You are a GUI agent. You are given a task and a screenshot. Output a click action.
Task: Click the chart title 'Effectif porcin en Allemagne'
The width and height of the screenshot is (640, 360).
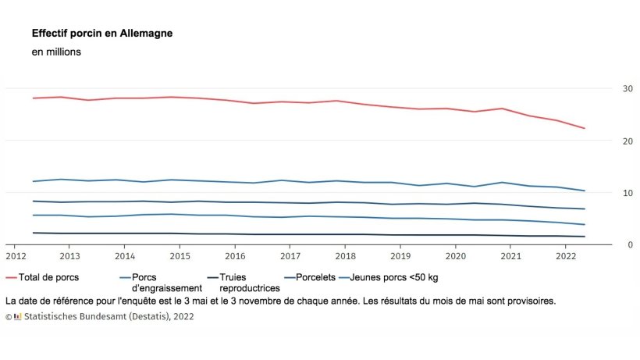click(x=102, y=34)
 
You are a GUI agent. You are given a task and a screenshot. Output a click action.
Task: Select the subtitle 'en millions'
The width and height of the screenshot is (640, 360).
click(x=56, y=52)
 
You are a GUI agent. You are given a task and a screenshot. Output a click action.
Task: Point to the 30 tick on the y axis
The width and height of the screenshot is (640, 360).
click(x=606, y=88)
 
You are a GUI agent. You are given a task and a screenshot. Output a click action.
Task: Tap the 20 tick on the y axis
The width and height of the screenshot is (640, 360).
click(x=606, y=141)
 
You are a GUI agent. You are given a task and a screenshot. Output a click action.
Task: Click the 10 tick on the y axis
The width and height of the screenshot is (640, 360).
click(x=606, y=193)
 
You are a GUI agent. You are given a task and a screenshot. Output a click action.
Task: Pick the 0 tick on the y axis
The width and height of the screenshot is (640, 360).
click(x=608, y=244)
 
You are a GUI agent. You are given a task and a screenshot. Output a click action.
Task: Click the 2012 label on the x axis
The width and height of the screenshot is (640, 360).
click(x=15, y=256)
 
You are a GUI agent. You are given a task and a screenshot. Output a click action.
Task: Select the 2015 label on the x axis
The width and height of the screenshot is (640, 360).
click(x=180, y=256)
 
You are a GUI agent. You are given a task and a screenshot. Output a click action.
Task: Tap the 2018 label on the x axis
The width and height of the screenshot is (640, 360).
click(x=345, y=256)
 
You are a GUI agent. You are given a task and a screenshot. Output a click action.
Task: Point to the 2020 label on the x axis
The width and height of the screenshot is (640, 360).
click(x=455, y=256)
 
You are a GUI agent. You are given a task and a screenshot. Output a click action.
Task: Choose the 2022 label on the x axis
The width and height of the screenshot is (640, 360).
click(x=565, y=256)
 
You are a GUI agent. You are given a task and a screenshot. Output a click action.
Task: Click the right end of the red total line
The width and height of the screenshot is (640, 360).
click(x=585, y=128)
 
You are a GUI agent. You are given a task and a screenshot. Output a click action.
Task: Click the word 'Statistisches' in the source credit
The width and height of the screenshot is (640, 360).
click(x=51, y=317)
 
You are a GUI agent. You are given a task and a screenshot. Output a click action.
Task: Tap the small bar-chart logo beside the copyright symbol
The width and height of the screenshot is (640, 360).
click(x=17, y=317)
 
